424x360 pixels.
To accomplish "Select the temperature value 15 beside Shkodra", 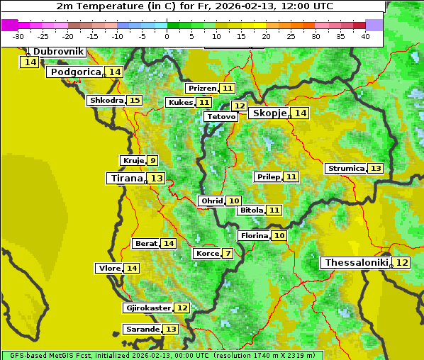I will click(135, 101).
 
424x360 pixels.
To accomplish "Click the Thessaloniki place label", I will click(356, 263).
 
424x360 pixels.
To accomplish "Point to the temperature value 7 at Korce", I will click(227, 254).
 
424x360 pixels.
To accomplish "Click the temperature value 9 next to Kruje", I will click(153, 161).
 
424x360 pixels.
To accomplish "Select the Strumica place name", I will click(346, 169).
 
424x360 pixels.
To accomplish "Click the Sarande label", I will click(142, 330).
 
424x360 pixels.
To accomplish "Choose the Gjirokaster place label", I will click(147, 308).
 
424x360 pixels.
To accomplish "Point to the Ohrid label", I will click(212, 201).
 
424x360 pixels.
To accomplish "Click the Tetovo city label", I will click(221, 116).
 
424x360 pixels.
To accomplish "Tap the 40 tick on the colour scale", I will click(365, 36).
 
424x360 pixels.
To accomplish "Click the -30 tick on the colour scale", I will click(18, 36).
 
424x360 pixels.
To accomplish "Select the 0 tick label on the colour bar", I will click(167, 36).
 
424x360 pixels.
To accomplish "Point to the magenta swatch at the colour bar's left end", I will click(10, 25).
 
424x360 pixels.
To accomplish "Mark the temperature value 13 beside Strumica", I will click(376, 169).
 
